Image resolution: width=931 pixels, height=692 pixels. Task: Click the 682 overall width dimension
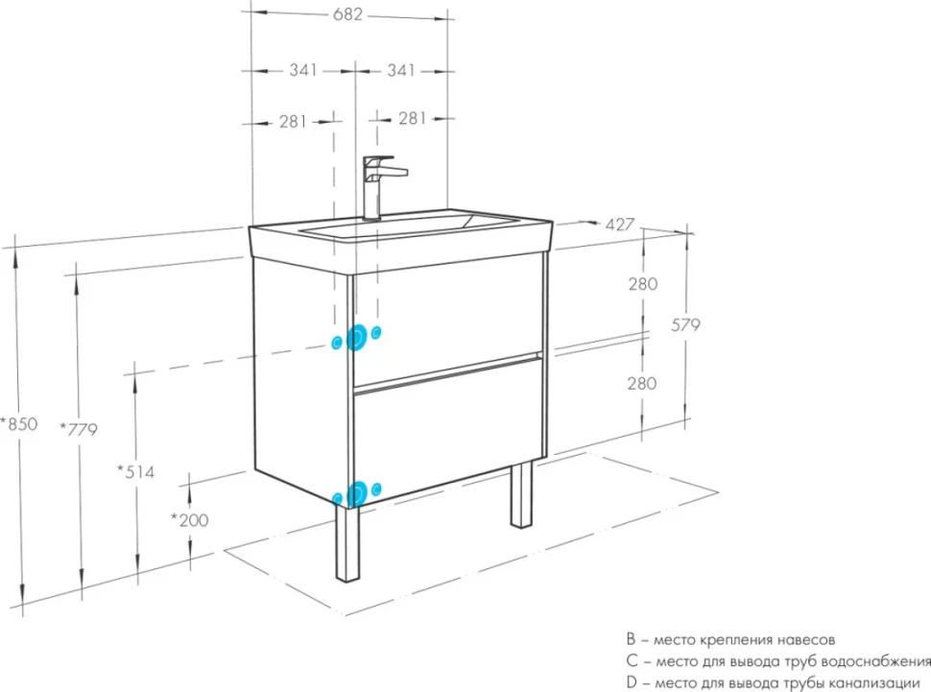(x=347, y=13)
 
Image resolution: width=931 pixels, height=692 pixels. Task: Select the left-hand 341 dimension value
(x=302, y=70)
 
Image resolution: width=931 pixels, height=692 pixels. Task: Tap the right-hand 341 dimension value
(x=401, y=70)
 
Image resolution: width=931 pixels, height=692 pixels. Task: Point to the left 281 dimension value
(x=293, y=122)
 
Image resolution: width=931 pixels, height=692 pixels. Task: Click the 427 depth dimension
(x=620, y=225)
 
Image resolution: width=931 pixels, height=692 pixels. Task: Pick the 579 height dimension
(x=686, y=325)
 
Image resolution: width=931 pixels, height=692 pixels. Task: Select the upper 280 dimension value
(x=643, y=284)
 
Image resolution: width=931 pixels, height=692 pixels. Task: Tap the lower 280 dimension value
(x=642, y=384)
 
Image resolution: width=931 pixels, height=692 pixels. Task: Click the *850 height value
(x=19, y=424)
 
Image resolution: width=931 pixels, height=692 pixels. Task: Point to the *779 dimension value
(x=79, y=428)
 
